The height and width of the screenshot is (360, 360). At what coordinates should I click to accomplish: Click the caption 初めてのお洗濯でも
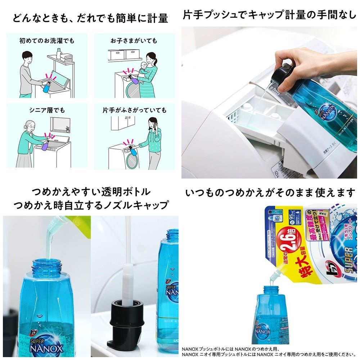coord(47,41)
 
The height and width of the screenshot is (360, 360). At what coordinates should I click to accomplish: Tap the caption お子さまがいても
coord(134,41)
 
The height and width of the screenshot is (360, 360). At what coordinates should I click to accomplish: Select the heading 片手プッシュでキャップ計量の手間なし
coord(269,15)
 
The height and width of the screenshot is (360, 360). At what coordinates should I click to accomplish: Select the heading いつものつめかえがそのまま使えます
coord(270,193)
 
